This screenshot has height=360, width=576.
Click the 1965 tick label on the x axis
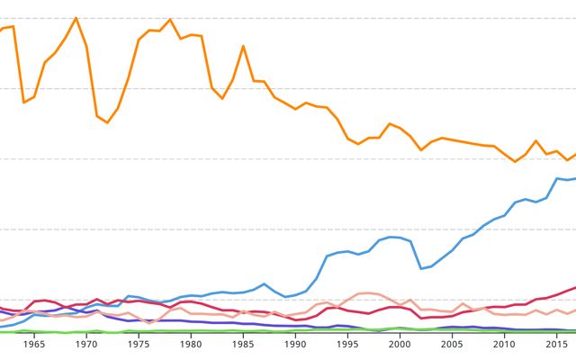click(x=34, y=344)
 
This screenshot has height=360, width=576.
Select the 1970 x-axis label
click(x=86, y=344)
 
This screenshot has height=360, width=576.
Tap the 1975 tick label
click(x=139, y=344)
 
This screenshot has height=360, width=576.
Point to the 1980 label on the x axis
click(x=191, y=344)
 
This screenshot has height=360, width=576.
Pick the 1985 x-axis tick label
click(x=243, y=344)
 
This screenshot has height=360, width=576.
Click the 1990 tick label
click(x=295, y=344)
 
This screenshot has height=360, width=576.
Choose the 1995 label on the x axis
click(x=347, y=344)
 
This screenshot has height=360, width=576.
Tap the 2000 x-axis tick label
click(x=400, y=344)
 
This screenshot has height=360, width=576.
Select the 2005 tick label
click(x=452, y=344)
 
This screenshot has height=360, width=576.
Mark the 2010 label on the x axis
click(x=504, y=344)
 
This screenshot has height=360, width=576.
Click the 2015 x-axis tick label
click(x=556, y=344)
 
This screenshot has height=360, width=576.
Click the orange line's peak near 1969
click(x=76, y=18)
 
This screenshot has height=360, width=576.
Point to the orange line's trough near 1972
click(x=107, y=122)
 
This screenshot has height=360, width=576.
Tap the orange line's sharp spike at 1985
click(x=243, y=46)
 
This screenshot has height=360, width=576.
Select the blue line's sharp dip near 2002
click(x=421, y=268)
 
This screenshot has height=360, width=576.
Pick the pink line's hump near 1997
click(x=364, y=293)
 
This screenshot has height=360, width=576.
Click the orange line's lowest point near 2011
click(x=515, y=161)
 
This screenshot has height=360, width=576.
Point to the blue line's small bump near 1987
click(x=264, y=284)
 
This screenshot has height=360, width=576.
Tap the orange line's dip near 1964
click(x=23, y=103)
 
